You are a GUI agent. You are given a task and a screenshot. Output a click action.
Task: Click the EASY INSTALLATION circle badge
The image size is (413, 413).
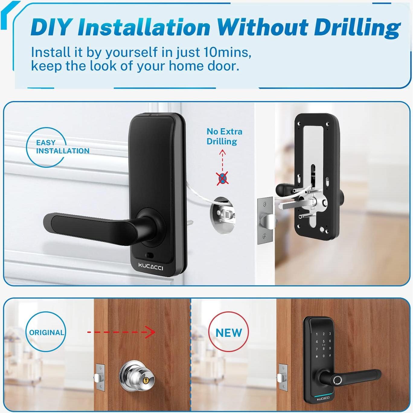click(x=46, y=147)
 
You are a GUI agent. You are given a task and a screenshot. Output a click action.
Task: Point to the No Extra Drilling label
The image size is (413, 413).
click(x=224, y=136)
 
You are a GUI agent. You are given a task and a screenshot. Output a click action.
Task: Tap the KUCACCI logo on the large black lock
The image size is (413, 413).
click(x=150, y=266)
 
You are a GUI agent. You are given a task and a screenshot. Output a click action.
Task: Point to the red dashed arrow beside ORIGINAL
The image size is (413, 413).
click(x=121, y=332)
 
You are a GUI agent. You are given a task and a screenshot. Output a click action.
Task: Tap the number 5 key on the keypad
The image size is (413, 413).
click(x=323, y=341)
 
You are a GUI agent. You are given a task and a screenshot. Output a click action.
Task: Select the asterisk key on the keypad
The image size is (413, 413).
click(x=317, y=357)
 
